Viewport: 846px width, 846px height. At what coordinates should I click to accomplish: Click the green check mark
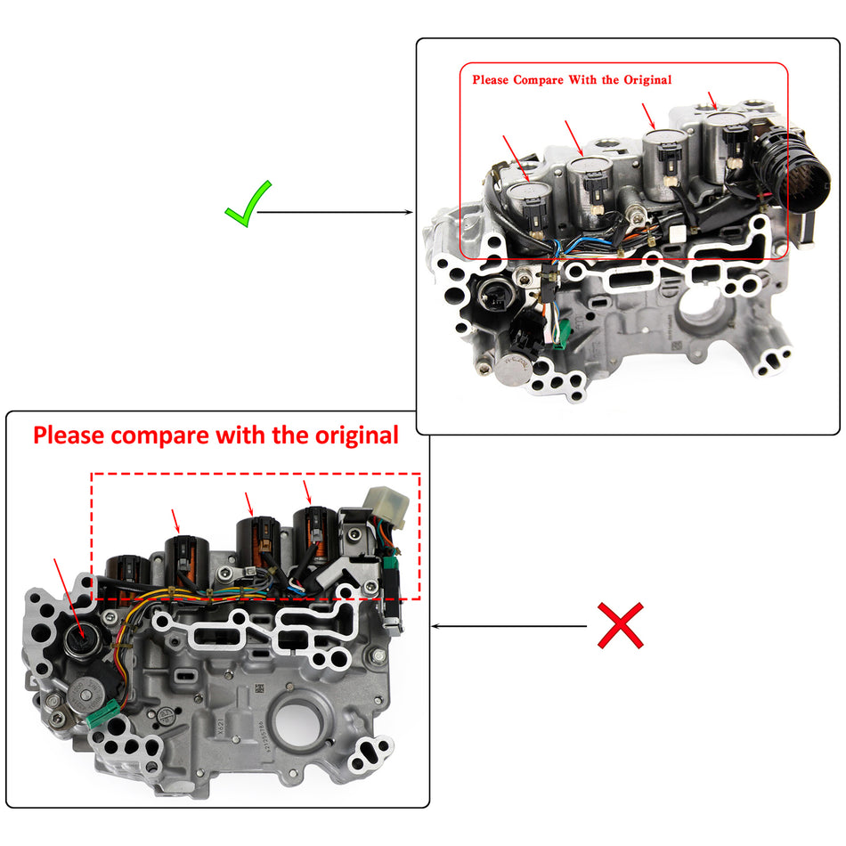click(248, 203)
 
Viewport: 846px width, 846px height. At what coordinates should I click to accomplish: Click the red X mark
click(620, 625)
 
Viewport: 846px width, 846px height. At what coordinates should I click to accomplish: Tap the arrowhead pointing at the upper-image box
click(410, 213)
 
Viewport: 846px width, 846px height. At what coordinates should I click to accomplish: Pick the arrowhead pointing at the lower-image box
click(437, 626)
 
